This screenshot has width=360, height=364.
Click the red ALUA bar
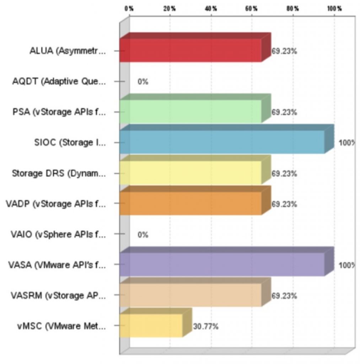tap(190, 50)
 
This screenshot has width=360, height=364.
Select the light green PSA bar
tap(190, 112)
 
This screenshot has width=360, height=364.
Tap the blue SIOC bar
tap(222, 142)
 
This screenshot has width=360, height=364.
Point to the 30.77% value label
tap(205, 326)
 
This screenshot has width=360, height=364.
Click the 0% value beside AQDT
tap(143, 82)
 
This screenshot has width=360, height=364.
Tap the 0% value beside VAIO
tap(143, 235)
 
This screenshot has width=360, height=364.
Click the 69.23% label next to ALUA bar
tap(284, 51)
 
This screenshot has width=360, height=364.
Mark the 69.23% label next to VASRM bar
tap(284, 296)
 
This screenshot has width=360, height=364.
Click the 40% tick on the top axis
tap(211, 9)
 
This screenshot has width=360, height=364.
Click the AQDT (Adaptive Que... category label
tap(59, 82)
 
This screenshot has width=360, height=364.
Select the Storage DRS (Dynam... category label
tap(59, 173)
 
